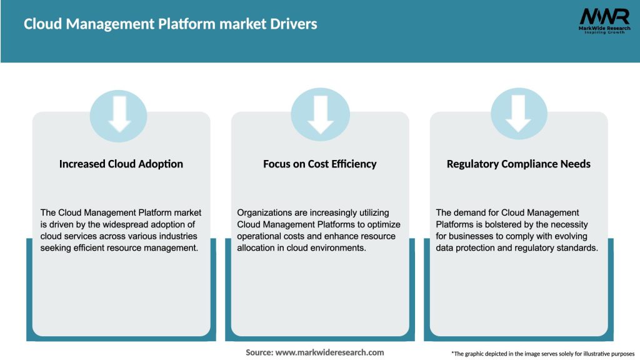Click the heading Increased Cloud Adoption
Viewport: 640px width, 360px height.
(121, 164)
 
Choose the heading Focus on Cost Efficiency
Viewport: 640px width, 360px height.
(320, 164)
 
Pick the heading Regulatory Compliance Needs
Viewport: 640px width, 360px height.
(519, 164)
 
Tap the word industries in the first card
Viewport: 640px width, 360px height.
(176, 236)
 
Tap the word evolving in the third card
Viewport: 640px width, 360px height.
(571, 236)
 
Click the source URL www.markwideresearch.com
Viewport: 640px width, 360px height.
(330, 352)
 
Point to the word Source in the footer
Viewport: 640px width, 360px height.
(259, 352)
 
